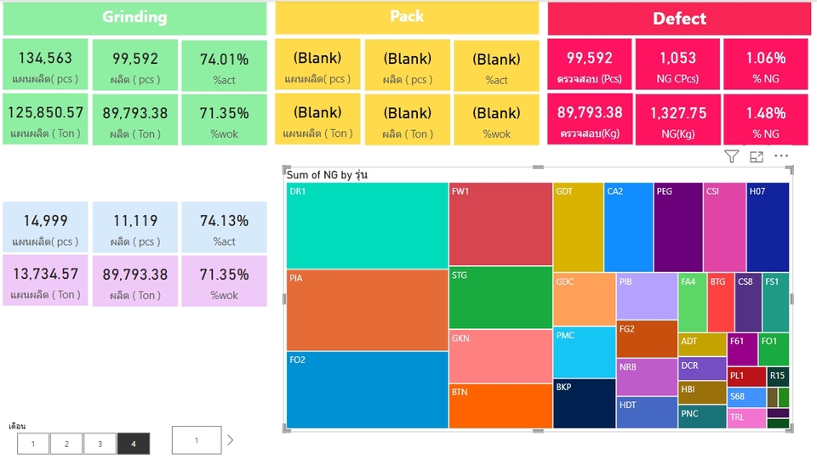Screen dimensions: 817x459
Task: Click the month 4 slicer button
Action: (134, 444)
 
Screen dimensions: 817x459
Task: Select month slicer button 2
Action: (66, 444)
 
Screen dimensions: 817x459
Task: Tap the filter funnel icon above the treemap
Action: (732, 156)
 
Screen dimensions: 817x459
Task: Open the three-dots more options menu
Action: (781, 156)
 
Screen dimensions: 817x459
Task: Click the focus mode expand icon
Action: (757, 156)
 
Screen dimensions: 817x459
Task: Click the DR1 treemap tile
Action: (367, 225)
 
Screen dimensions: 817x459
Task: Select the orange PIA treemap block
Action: (367, 309)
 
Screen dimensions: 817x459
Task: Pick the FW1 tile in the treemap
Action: (500, 224)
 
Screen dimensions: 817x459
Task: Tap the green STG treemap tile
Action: (500, 297)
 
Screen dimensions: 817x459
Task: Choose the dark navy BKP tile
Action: (584, 403)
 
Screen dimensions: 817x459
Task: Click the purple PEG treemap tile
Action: (678, 227)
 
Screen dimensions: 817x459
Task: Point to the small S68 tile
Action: (746, 398)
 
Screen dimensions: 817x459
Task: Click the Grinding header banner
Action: (134, 18)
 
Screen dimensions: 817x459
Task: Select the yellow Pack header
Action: (407, 18)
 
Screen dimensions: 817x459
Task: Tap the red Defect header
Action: (679, 19)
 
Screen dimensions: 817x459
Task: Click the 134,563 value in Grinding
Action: (45, 59)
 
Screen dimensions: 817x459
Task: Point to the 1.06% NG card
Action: (765, 65)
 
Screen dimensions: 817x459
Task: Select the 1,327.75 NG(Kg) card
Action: (677, 119)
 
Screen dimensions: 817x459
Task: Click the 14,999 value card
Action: (45, 228)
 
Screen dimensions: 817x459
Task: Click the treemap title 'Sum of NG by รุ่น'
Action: (327, 175)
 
